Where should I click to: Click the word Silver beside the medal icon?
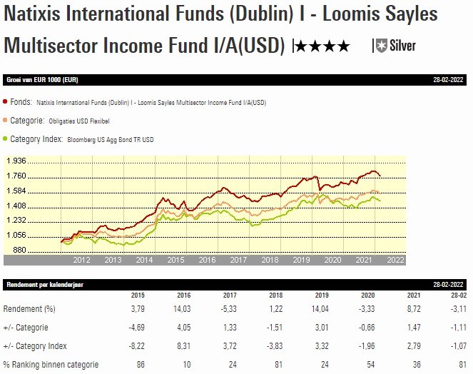click(x=402, y=46)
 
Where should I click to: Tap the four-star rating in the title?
click(x=322, y=47)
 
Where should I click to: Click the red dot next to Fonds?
click(x=6, y=103)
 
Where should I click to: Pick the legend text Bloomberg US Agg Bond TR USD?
click(x=111, y=139)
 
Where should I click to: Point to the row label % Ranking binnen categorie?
click(x=51, y=365)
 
